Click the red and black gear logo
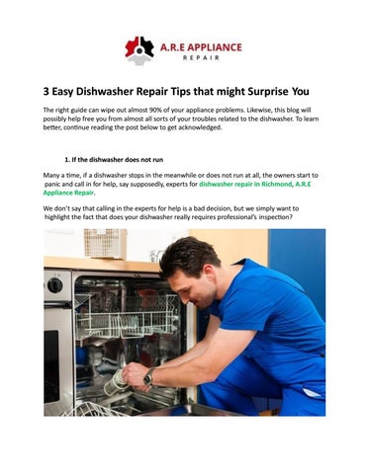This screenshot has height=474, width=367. click(x=139, y=50)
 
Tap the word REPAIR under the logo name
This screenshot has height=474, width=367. click(x=201, y=58)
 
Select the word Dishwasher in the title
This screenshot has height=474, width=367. click(x=105, y=91)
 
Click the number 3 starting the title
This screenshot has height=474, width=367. click(x=46, y=91)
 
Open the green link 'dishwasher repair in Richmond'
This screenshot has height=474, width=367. click(x=245, y=184)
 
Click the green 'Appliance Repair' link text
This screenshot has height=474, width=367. click(x=68, y=193)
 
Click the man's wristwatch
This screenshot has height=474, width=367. click(x=149, y=377)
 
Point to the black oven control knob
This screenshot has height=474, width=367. click(x=54, y=285)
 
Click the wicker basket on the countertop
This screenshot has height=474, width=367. click(x=105, y=244)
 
